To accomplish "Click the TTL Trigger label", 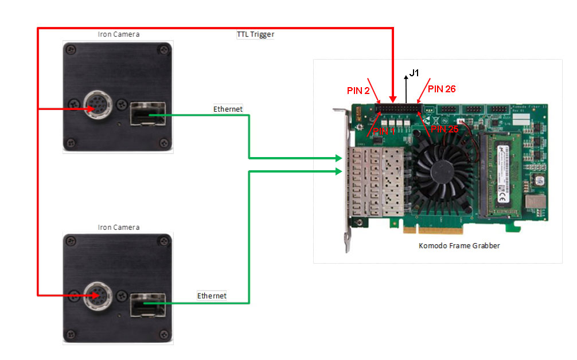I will point(255,34).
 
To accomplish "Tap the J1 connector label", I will point(414,73).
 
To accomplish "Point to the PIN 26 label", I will point(442,89).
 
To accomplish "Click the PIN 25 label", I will point(446,130).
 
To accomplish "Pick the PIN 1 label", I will point(384,131).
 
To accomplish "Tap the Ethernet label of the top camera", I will point(228,109).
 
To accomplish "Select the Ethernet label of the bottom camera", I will point(212,296).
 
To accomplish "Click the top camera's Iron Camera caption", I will point(118,34).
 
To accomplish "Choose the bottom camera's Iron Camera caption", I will point(118,228).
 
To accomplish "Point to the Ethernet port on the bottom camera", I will point(143,304).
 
